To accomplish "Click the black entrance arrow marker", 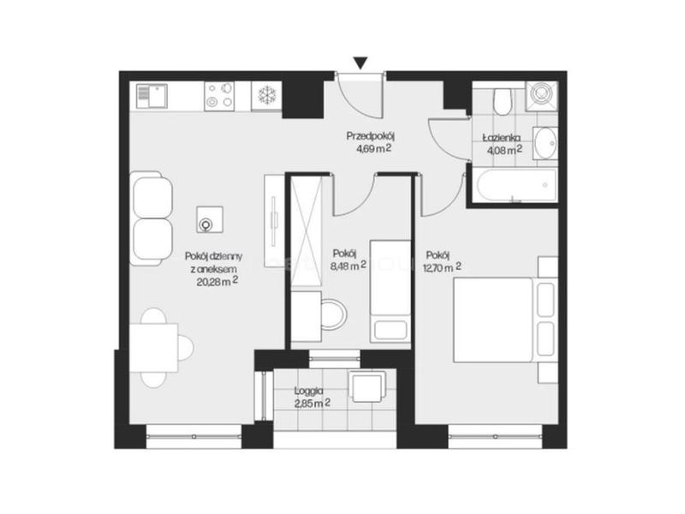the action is coord(360,63).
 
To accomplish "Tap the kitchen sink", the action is coord(152,96).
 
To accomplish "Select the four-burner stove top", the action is coord(219,96).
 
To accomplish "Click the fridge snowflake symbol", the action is coord(265,95).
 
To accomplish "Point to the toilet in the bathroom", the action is coord(502,101).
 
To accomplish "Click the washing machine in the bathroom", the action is coord(542,96).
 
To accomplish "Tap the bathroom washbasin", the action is coord(545,142).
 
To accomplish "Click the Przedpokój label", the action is coord(373,136).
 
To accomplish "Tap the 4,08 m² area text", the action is coord(504,150).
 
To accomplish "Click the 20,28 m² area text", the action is coord(217,281).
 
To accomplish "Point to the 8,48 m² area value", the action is coord(348,266).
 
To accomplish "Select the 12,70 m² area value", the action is coord(442,267).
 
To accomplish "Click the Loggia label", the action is coord(309,391).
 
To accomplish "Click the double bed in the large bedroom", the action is coord(505,320).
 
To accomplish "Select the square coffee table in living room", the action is coord(209,219).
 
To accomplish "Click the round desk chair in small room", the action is coord(333,314).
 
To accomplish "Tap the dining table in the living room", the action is coord(154,348).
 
